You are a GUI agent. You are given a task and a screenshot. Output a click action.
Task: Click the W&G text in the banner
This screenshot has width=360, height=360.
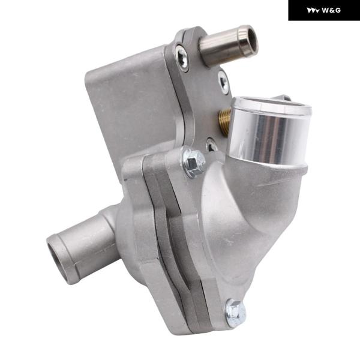tap(331, 10)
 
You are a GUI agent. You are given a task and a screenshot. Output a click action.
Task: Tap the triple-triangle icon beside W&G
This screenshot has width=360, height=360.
tap(313, 11)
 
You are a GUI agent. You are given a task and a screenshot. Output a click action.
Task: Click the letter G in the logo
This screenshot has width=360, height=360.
tap(337, 10)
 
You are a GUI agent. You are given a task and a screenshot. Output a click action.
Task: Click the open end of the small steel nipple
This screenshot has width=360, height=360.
tap(251, 40)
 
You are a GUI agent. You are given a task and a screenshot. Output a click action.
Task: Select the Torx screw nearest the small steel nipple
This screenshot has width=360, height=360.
tap(182, 57)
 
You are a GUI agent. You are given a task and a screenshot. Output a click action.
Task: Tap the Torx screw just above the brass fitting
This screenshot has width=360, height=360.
tap(223, 82)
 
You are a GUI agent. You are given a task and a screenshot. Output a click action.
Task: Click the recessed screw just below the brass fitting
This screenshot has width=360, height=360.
tap(211, 145)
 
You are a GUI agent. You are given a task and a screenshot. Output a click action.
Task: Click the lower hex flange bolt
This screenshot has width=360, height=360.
tap(236, 312)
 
